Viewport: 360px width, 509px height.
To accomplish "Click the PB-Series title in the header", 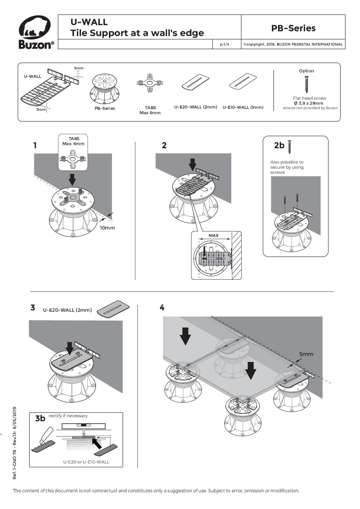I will tap(293, 28).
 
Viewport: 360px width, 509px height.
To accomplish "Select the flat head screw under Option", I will tap(307, 84).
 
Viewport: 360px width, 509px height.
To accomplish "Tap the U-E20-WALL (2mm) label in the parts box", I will tap(196, 107).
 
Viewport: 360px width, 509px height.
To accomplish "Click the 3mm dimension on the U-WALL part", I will tap(41, 109).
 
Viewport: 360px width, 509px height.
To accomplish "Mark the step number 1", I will tap(35, 146).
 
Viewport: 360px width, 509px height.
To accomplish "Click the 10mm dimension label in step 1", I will tap(107, 227).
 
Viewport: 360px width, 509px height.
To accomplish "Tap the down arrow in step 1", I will tap(72, 179).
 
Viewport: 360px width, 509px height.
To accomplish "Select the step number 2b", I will tap(279, 145).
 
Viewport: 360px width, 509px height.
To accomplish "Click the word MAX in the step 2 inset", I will tap(213, 235).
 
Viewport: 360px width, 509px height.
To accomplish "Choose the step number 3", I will tap(33, 308).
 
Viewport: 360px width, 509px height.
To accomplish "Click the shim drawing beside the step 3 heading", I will tap(113, 308).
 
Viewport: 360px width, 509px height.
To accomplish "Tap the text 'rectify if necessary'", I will tap(68, 415).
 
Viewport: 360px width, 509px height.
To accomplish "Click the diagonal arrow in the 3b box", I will tap(98, 442).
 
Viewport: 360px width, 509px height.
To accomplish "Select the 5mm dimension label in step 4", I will tap(306, 354).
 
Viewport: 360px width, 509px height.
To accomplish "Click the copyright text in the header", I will tap(293, 44).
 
